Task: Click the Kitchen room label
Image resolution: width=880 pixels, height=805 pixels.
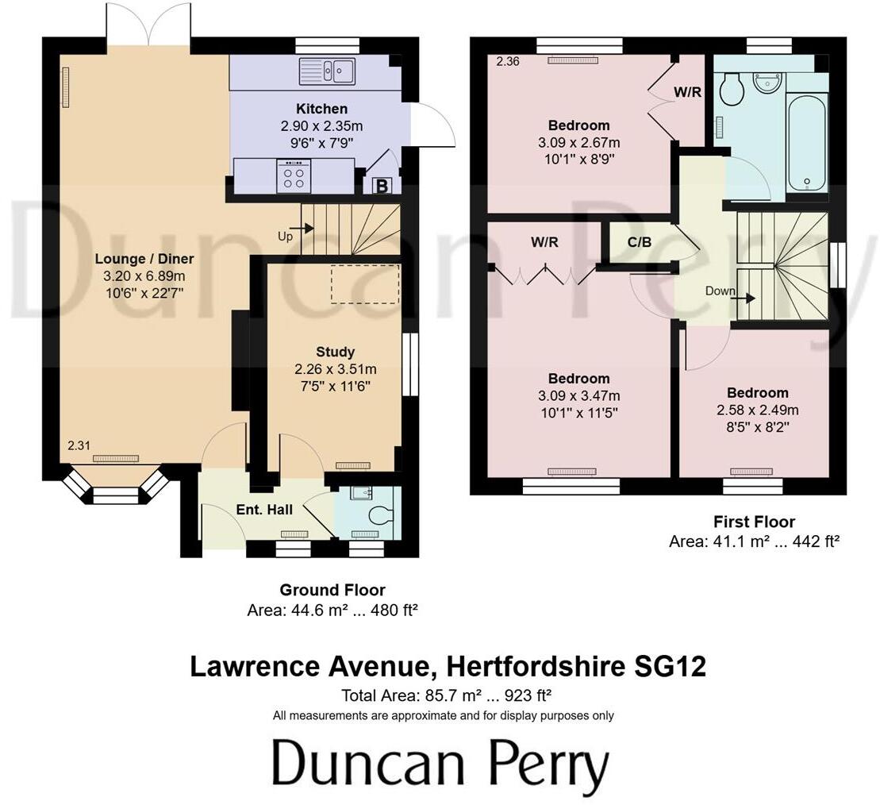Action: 321,109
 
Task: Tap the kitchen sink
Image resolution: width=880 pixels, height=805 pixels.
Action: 328,71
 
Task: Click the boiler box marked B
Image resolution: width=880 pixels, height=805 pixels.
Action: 381,187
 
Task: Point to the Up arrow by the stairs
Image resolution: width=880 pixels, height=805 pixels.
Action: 303,230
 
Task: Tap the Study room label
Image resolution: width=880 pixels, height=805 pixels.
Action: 335,352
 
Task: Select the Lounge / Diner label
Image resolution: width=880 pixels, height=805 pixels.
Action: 144,259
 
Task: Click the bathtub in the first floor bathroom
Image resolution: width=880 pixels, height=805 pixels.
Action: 807,144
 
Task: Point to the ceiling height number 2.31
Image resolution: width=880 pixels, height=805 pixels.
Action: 78,447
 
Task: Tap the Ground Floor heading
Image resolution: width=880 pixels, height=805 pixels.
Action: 332,590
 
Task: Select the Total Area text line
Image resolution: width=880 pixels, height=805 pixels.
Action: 446,696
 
